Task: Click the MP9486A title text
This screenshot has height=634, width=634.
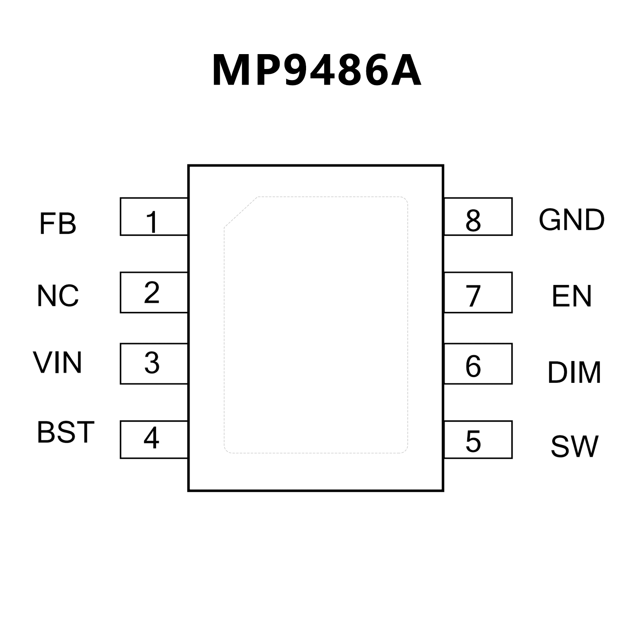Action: pyautogui.click(x=317, y=71)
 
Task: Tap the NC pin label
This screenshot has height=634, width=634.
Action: pyautogui.click(x=58, y=296)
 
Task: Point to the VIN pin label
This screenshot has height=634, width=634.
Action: pyautogui.click(x=58, y=363)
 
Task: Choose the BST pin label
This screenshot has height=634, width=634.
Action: pyautogui.click(x=66, y=432)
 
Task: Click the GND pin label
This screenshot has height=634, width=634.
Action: pyautogui.click(x=572, y=220)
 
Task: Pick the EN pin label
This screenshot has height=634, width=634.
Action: pyautogui.click(x=572, y=296)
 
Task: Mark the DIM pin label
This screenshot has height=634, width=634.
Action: pyautogui.click(x=574, y=372)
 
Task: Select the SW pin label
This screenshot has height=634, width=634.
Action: pyautogui.click(x=575, y=446)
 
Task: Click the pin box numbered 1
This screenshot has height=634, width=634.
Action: pyautogui.click(x=154, y=217)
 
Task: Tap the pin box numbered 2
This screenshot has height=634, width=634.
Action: pyautogui.click(x=154, y=292)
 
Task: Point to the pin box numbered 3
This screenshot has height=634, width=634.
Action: pyautogui.click(x=154, y=363)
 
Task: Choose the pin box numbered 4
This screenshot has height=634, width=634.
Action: pyautogui.click(x=154, y=439)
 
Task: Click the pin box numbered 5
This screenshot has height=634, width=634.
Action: pyautogui.click(x=478, y=439)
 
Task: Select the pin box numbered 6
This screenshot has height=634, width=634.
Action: pyautogui.click(x=478, y=363)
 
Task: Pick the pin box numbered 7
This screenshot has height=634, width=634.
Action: pyautogui.click(x=478, y=292)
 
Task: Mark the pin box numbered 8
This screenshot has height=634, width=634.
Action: pyautogui.click(x=478, y=217)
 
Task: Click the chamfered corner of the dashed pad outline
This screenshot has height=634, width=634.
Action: pyautogui.click(x=240, y=212)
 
